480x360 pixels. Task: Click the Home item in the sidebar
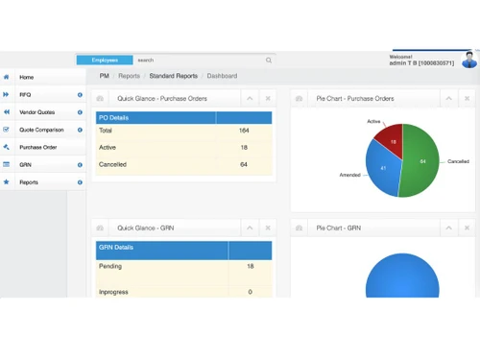pos(27,77)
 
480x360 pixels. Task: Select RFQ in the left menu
pos(26,94)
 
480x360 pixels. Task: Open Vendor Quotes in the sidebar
pos(36,112)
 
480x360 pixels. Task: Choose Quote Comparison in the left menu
pos(41,130)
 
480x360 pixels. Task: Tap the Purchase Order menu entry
pos(38,147)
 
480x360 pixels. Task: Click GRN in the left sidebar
pos(26,164)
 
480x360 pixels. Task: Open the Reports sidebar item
pos(29,181)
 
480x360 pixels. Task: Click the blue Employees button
pos(105,60)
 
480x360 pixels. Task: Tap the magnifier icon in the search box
pos(269,60)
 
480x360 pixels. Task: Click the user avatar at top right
pos(469,60)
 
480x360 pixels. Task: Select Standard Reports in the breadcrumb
pos(173,75)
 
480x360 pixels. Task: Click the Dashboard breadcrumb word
pos(222,75)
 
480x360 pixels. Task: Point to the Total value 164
pos(244,131)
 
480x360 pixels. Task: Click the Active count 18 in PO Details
pos(244,147)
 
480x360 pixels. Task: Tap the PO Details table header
pos(156,117)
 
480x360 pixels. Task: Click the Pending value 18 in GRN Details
pos(251,266)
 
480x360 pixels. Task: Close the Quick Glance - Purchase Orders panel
pos(268,98)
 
